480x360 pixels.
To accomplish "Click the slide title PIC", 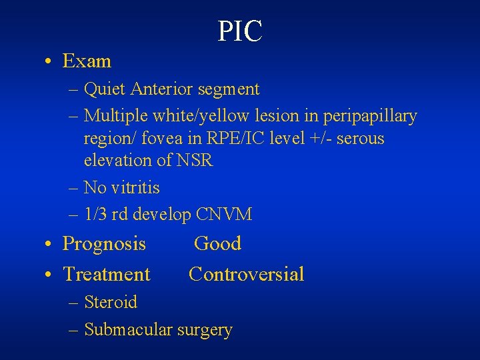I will (x=240, y=31).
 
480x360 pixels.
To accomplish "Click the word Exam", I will (x=87, y=61).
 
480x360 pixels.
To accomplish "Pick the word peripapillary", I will (x=370, y=116).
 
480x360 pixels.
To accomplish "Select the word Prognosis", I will (x=104, y=244).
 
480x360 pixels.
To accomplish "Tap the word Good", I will (x=217, y=243).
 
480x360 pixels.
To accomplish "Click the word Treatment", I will (x=107, y=274).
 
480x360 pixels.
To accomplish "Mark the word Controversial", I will (x=246, y=274).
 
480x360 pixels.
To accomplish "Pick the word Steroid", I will (x=111, y=302).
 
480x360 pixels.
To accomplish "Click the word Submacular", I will (x=128, y=329).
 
